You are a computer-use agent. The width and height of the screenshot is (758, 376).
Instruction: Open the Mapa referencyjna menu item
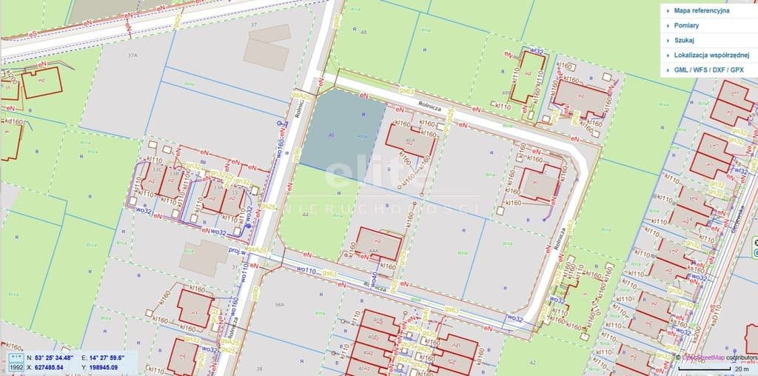point(702,11)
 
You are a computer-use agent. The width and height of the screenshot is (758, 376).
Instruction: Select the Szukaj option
point(685,41)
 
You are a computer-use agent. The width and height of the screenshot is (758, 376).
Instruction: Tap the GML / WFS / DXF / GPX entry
point(709,70)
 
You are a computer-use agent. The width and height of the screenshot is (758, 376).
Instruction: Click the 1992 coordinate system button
point(16,366)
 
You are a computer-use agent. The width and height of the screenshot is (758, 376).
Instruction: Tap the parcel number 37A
point(132,56)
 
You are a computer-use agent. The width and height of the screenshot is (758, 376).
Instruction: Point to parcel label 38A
point(279,304)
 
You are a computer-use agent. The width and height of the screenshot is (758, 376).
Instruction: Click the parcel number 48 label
point(363,32)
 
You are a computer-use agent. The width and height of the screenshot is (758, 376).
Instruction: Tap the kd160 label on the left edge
point(13,120)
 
